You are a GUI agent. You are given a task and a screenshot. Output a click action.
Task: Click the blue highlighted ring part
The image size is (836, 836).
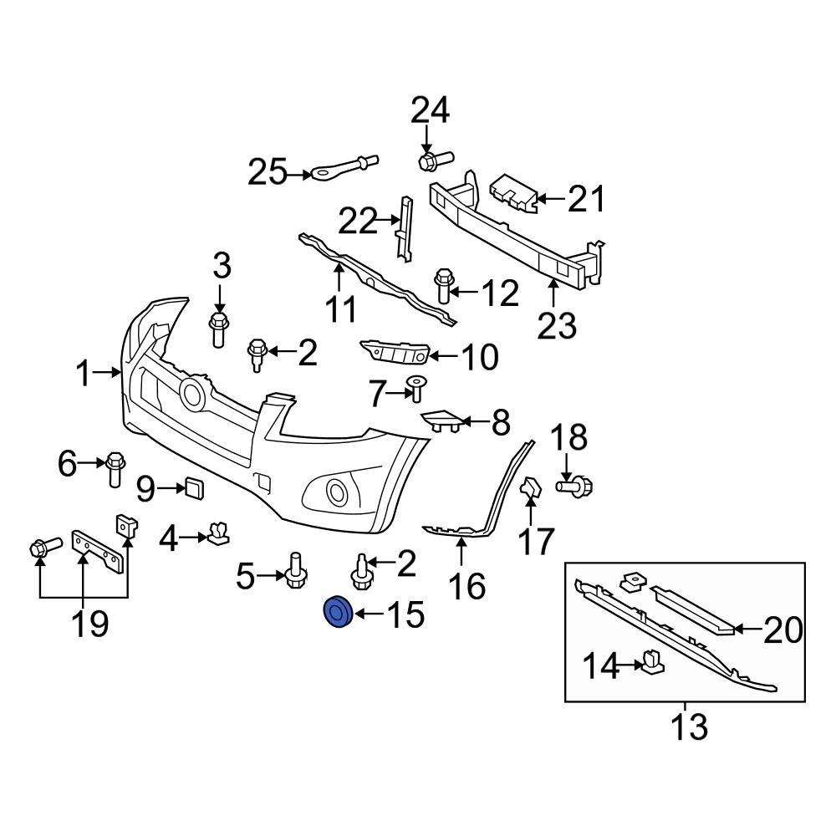[x=338, y=615]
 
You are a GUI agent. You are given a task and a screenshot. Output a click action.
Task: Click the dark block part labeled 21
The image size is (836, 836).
[x=512, y=192]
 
